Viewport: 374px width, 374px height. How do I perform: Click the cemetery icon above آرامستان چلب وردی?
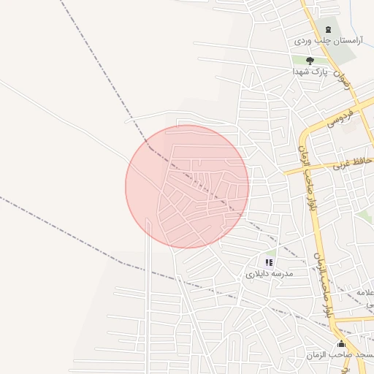[327, 29]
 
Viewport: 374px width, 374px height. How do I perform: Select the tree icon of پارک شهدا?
[310, 61]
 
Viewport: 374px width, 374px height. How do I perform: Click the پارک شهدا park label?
[308, 72]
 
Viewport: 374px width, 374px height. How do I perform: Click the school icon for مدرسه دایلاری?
[269, 262]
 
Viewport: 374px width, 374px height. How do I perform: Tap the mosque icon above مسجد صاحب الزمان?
[341, 344]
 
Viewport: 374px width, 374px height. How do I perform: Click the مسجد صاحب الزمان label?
[348, 354]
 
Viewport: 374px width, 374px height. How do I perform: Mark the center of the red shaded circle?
[187, 186]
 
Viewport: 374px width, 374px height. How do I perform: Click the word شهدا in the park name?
[299, 72]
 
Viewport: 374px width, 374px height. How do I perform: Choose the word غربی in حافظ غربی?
[343, 166]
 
